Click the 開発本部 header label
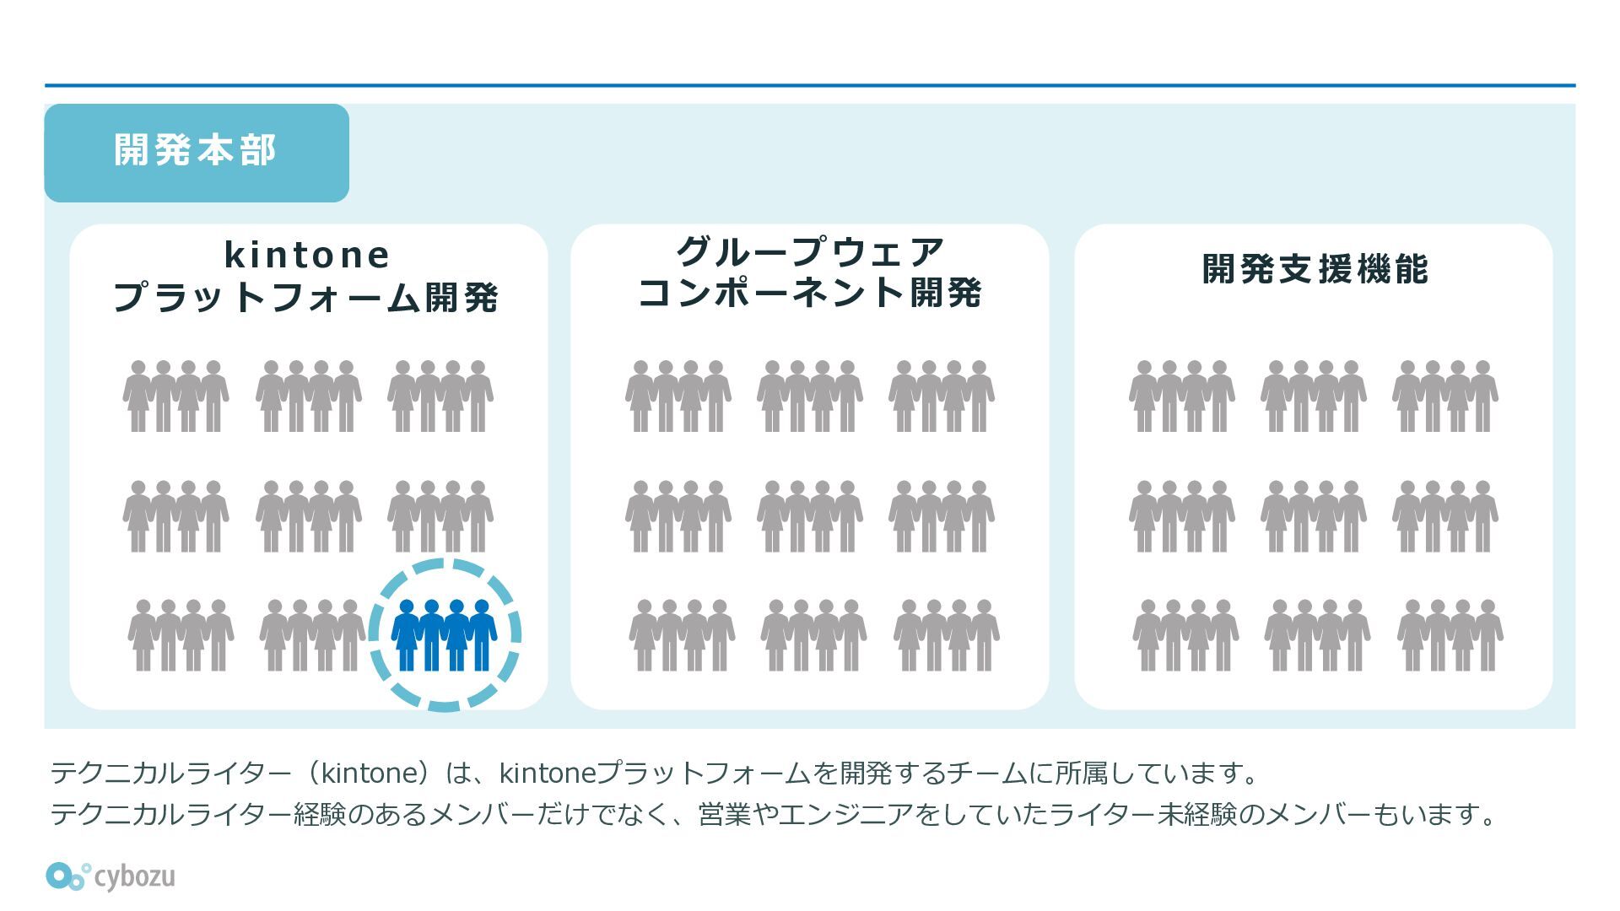[x=195, y=151]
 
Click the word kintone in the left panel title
[x=307, y=255]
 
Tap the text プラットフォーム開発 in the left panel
[x=305, y=298]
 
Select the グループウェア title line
[x=810, y=251]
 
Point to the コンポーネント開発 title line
[x=810, y=293]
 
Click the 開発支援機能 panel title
[x=1315, y=269]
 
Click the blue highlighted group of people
[x=445, y=635]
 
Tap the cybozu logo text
[x=134, y=876]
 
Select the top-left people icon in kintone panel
[x=175, y=396]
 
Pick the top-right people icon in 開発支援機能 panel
[x=1445, y=396]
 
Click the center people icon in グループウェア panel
[x=810, y=516]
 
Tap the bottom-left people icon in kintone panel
[x=181, y=635]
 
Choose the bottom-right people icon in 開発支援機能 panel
[x=1450, y=635]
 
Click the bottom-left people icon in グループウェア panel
[x=682, y=635]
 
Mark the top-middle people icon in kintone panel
[x=309, y=396]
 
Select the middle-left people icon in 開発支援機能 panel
[x=1182, y=516]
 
